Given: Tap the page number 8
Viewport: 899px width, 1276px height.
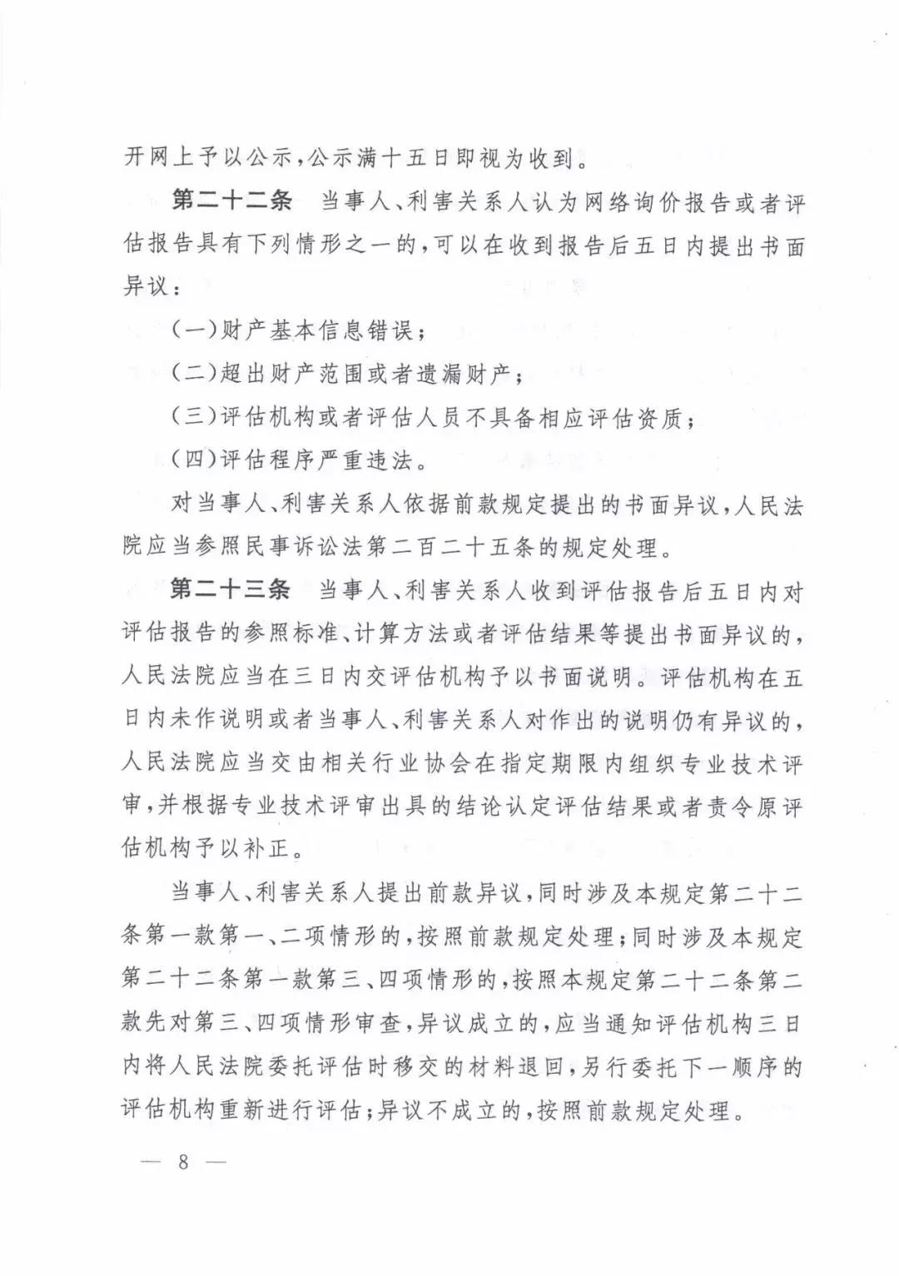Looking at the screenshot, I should [184, 1162].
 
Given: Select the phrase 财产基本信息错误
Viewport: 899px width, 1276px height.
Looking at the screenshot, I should [316, 330].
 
